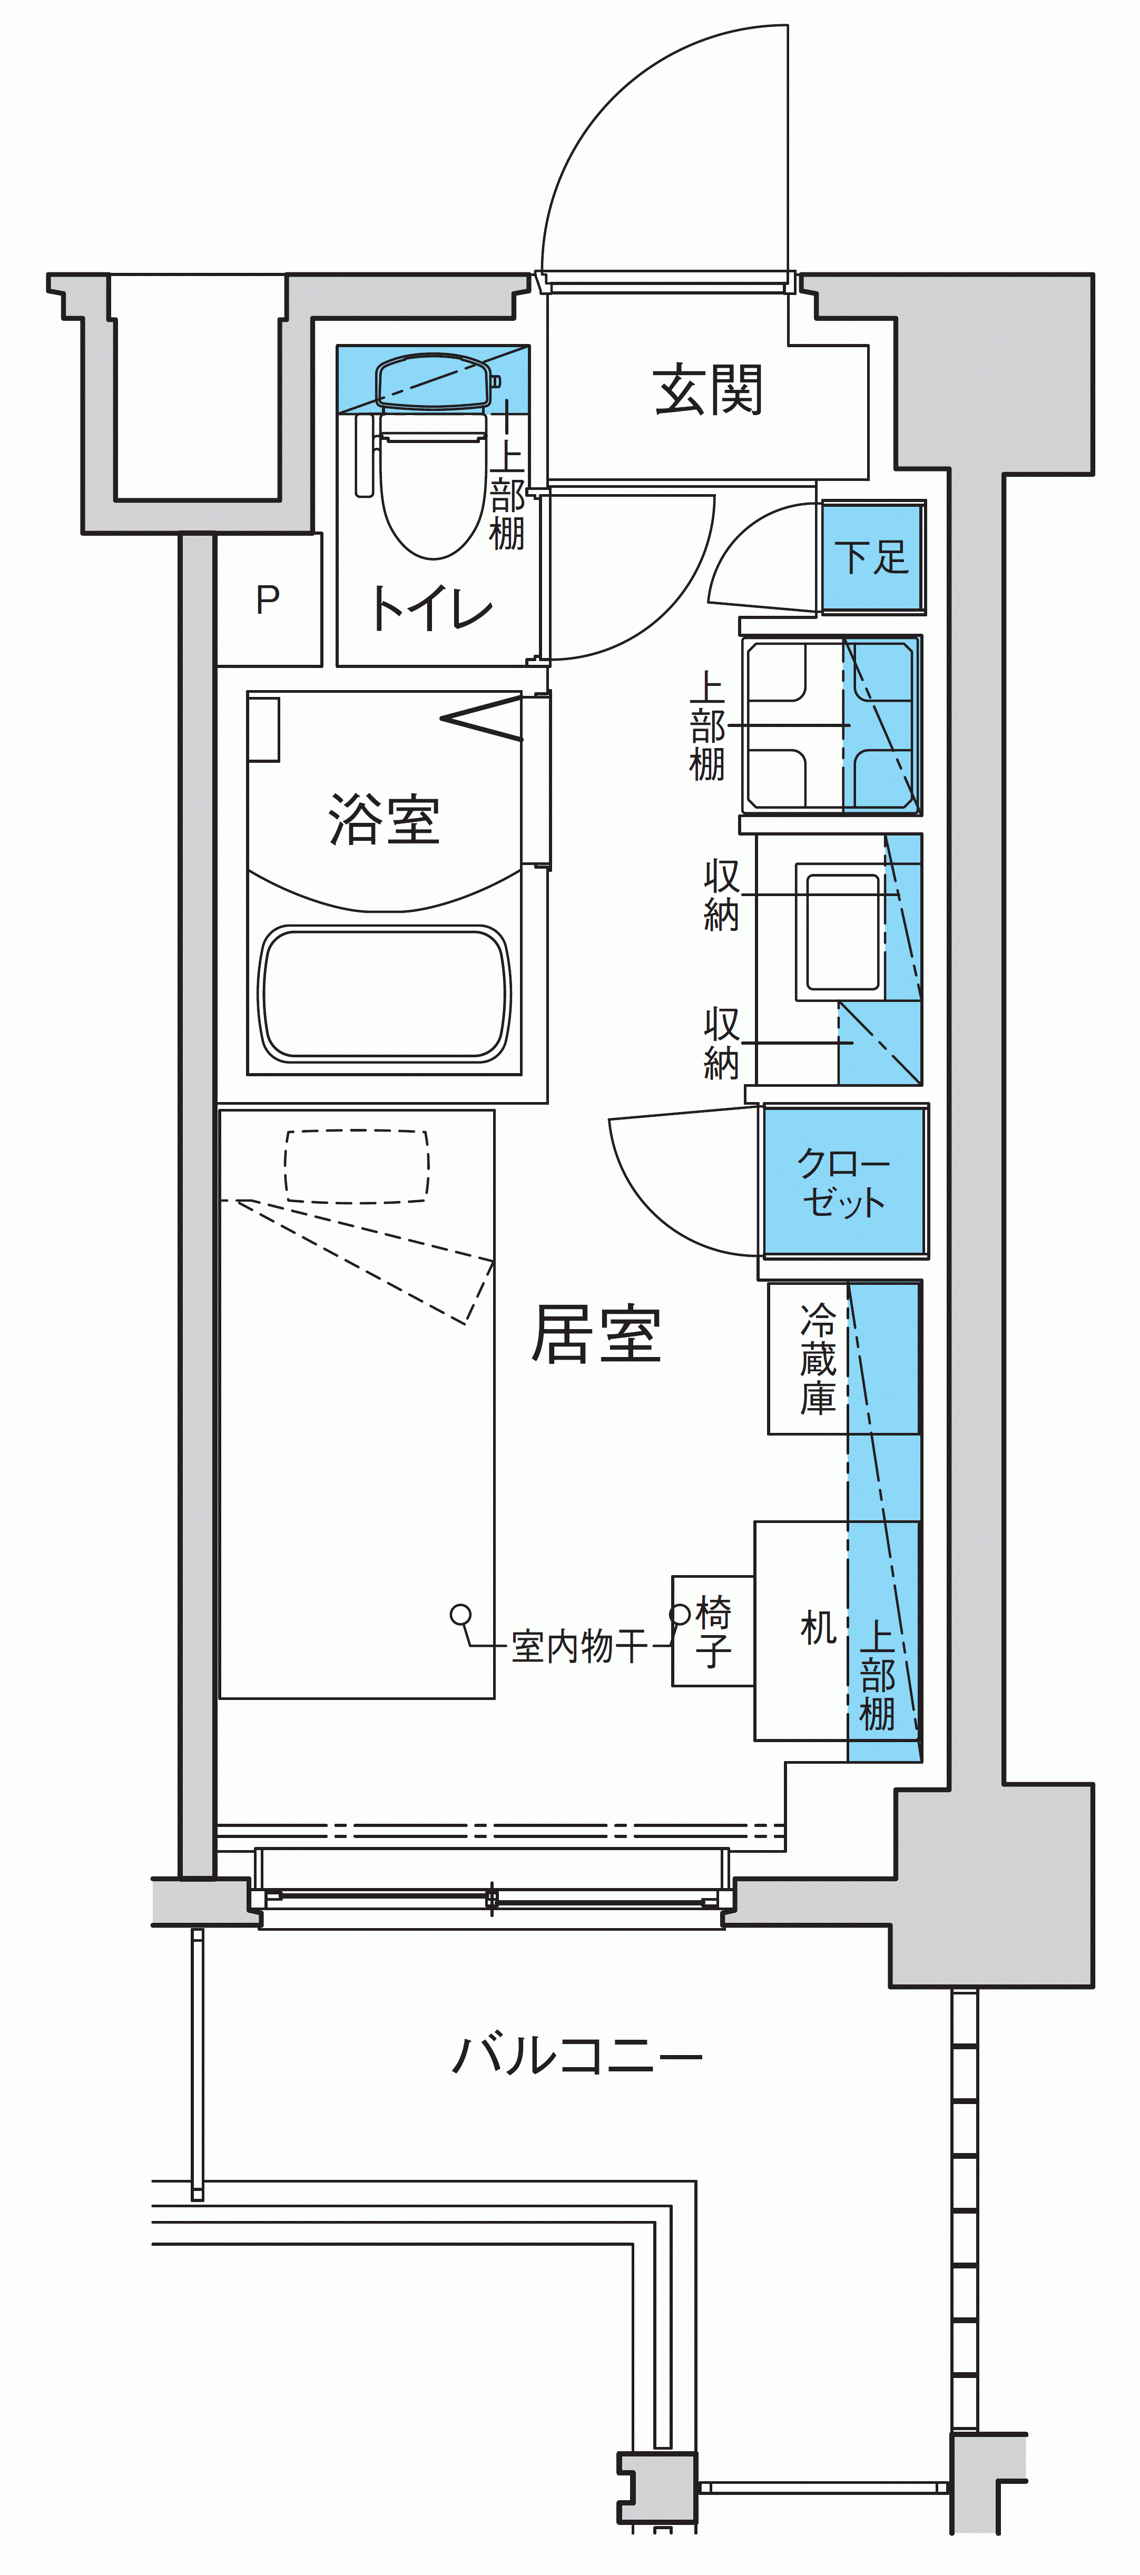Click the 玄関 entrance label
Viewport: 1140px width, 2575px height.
(708, 390)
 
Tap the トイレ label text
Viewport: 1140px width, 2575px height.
(432, 608)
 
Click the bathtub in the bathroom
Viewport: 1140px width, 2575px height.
(385, 992)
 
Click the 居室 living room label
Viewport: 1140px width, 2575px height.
(597, 1333)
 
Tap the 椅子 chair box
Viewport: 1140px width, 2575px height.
(713, 1632)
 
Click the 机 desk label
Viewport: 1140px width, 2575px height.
(818, 1628)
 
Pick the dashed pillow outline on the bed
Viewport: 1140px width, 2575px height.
(357, 1166)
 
